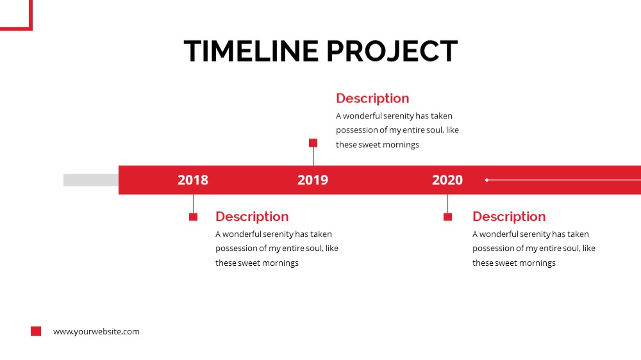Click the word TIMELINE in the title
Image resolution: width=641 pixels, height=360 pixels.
click(x=251, y=51)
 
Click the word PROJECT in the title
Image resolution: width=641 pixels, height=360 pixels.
click(x=392, y=51)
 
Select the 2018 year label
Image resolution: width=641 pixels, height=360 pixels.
click(x=193, y=180)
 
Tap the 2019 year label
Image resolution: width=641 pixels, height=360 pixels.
click(x=313, y=180)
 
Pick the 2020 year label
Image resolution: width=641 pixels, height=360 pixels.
click(x=447, y=180)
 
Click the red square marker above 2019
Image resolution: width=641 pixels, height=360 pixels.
click(x=313, y=143)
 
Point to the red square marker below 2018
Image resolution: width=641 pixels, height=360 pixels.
click(x=194, y=217)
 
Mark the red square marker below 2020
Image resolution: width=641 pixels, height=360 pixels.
click(x=447, y=217)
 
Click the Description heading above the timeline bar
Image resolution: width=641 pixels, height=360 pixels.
click(x=372, y=99)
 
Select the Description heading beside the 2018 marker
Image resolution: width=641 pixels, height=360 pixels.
click(x=252, y=217)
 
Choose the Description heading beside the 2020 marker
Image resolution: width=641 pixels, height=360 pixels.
click(x=509, y=217)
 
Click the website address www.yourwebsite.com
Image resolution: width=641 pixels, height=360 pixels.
click(x=96, y=331)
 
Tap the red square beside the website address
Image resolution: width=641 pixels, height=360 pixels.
click(x=36, y=331)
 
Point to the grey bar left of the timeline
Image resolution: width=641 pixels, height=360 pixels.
click(x=91, y=180)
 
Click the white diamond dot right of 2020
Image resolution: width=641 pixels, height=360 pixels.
click(x=487, y=180)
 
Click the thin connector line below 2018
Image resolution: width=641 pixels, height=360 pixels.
click(x=194, y=204)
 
